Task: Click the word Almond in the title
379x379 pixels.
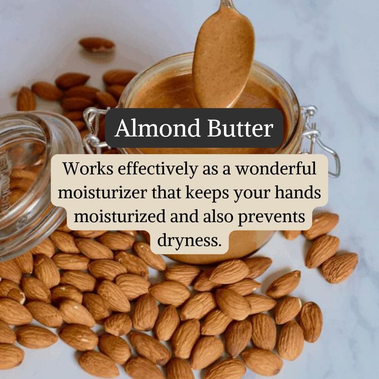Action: (x=158, y=128)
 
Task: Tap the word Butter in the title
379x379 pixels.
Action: (x=240, y=128)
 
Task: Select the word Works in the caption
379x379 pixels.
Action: (x=88, y=169)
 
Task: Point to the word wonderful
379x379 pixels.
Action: (x=276, y=169)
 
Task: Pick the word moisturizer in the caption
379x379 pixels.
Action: (x=102, y=193)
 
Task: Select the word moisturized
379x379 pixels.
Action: (x=120, y=216)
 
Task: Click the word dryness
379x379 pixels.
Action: (x=189, y=241)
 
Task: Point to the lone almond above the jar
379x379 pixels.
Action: (x=97, y=45)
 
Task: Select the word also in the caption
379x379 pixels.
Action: (x=218, y=216)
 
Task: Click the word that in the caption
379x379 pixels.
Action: (x=166, y=193)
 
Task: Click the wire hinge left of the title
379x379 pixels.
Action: (x=95, y=130)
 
